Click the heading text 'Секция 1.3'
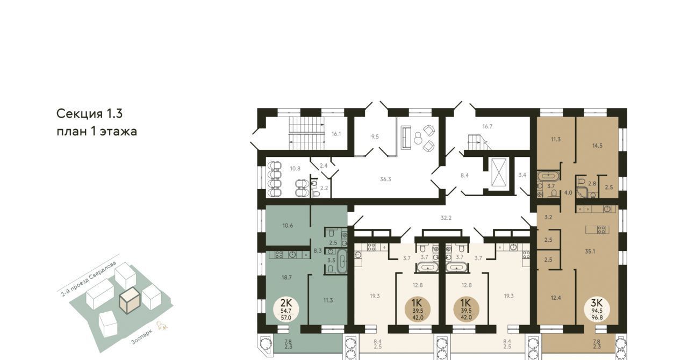[89, 114]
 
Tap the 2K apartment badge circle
[286, 309]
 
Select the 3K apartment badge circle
[597, 309]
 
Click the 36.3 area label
[385, 179]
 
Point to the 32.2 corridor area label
[446, 218]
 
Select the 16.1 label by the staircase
[336, 134]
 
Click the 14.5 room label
[597, 146]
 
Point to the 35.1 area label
[590, 251]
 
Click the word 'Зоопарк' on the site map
[141, 337]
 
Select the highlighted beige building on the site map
[130, 300]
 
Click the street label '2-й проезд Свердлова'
[89, 279]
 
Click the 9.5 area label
[375, 136]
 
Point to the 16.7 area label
[487, 126]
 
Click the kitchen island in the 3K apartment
[597, 229]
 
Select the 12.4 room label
[556, 297]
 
